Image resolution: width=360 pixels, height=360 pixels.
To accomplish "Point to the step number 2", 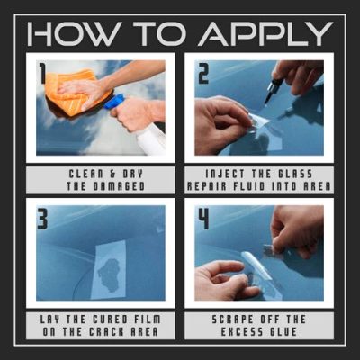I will point(203,72).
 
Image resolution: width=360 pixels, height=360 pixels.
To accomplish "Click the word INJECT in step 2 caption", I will point(221,174).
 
